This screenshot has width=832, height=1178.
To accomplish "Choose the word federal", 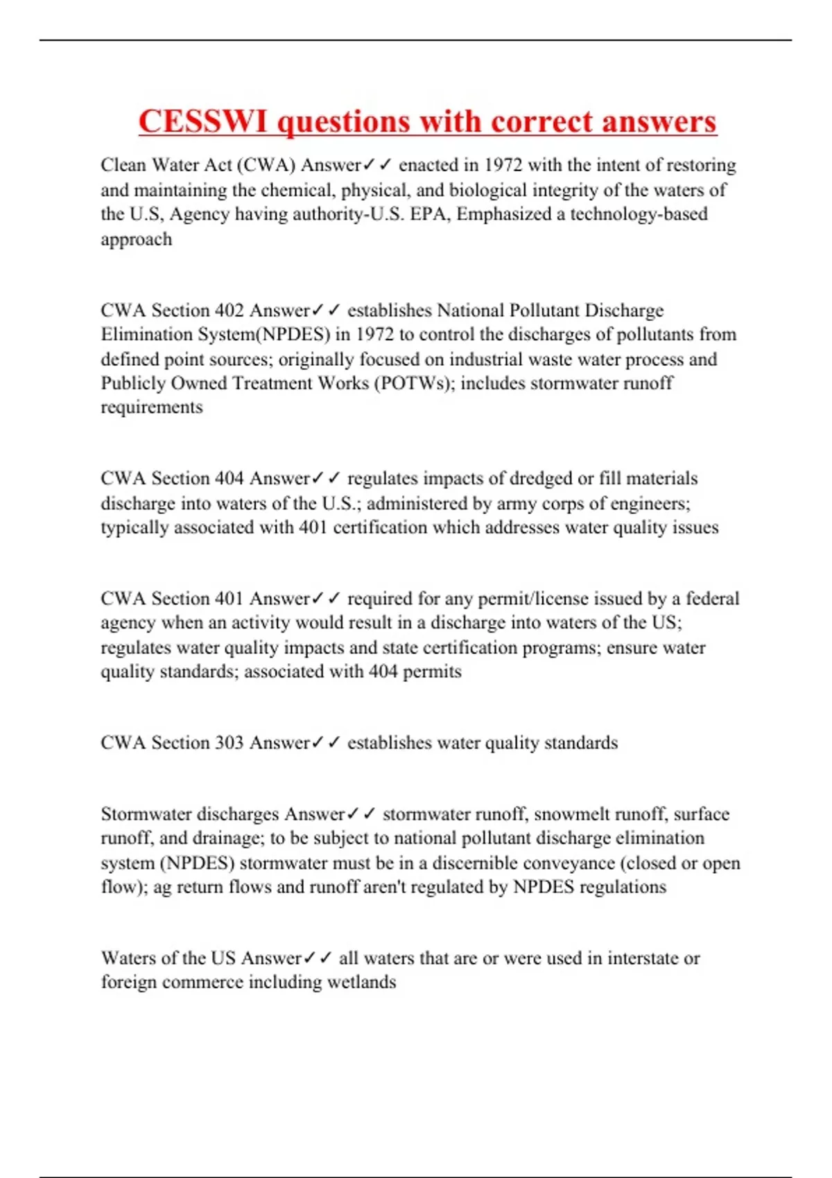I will (712, 599).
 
